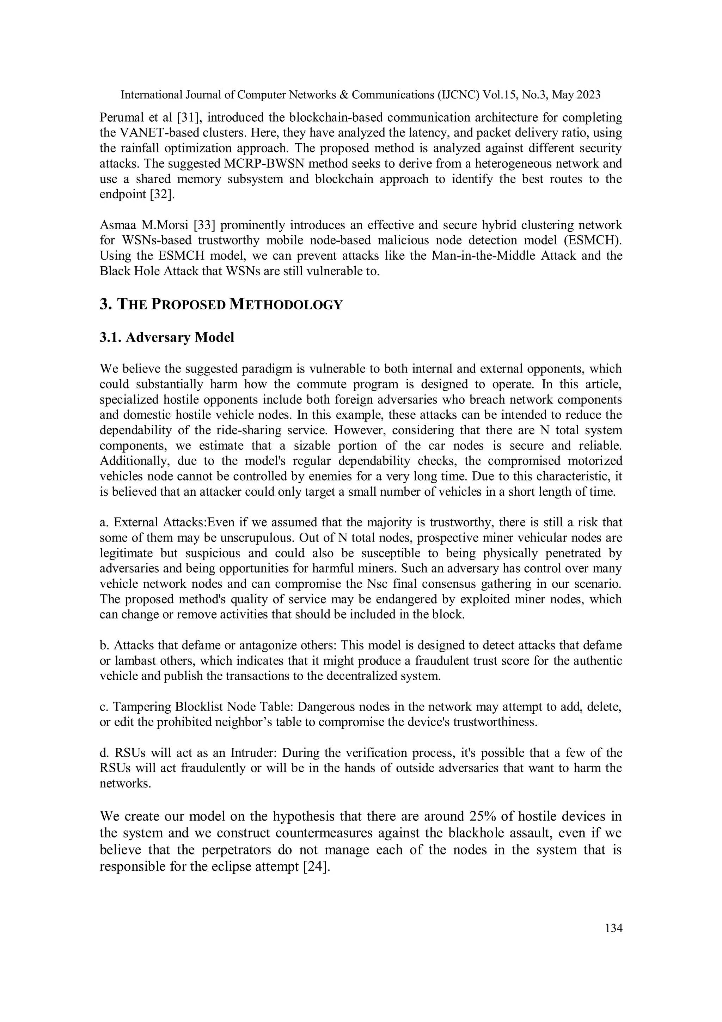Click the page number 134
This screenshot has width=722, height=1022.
[x=613, y=928]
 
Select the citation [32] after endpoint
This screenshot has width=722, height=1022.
[x=162, y=194]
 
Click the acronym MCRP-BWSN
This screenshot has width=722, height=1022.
[x=246, y=163]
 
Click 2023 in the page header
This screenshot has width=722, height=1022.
[x=588, y=95]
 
